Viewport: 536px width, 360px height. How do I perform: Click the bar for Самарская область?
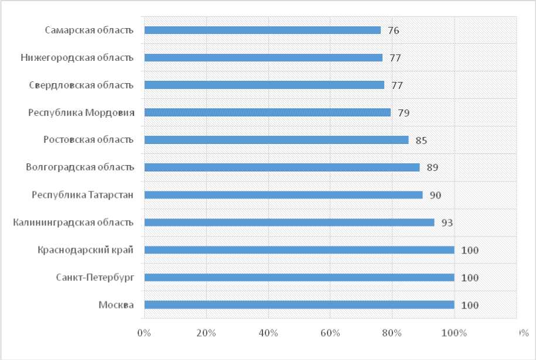[x=262, y=30]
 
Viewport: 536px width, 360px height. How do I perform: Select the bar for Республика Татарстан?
[x=283, y=195]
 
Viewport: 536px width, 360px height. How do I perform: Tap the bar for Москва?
[x=299, y=305]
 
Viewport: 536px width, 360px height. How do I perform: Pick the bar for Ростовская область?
[x=276, y=140]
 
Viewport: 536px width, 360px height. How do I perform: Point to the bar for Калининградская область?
[x=289, y=222]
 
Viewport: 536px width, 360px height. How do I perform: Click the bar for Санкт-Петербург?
[x=299, y=277]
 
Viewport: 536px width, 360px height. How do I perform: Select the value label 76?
[x=394, y=30]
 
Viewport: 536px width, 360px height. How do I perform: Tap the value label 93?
[x=447, y=222]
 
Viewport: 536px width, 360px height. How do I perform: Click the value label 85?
[x=421, y=140]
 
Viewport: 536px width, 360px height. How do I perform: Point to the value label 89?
[x=432, y=167]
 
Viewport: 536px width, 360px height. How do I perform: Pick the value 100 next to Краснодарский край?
[x=470, y=251]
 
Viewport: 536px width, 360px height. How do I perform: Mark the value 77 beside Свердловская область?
[x=397, y=85]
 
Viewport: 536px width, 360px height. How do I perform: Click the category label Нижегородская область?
[x=77, y=58]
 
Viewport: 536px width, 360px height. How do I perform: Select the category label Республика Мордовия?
[x=81, y=112]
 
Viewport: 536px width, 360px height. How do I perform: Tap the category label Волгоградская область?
[x=80, y=167]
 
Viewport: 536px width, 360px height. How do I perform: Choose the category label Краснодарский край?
[x=86, y=250]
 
